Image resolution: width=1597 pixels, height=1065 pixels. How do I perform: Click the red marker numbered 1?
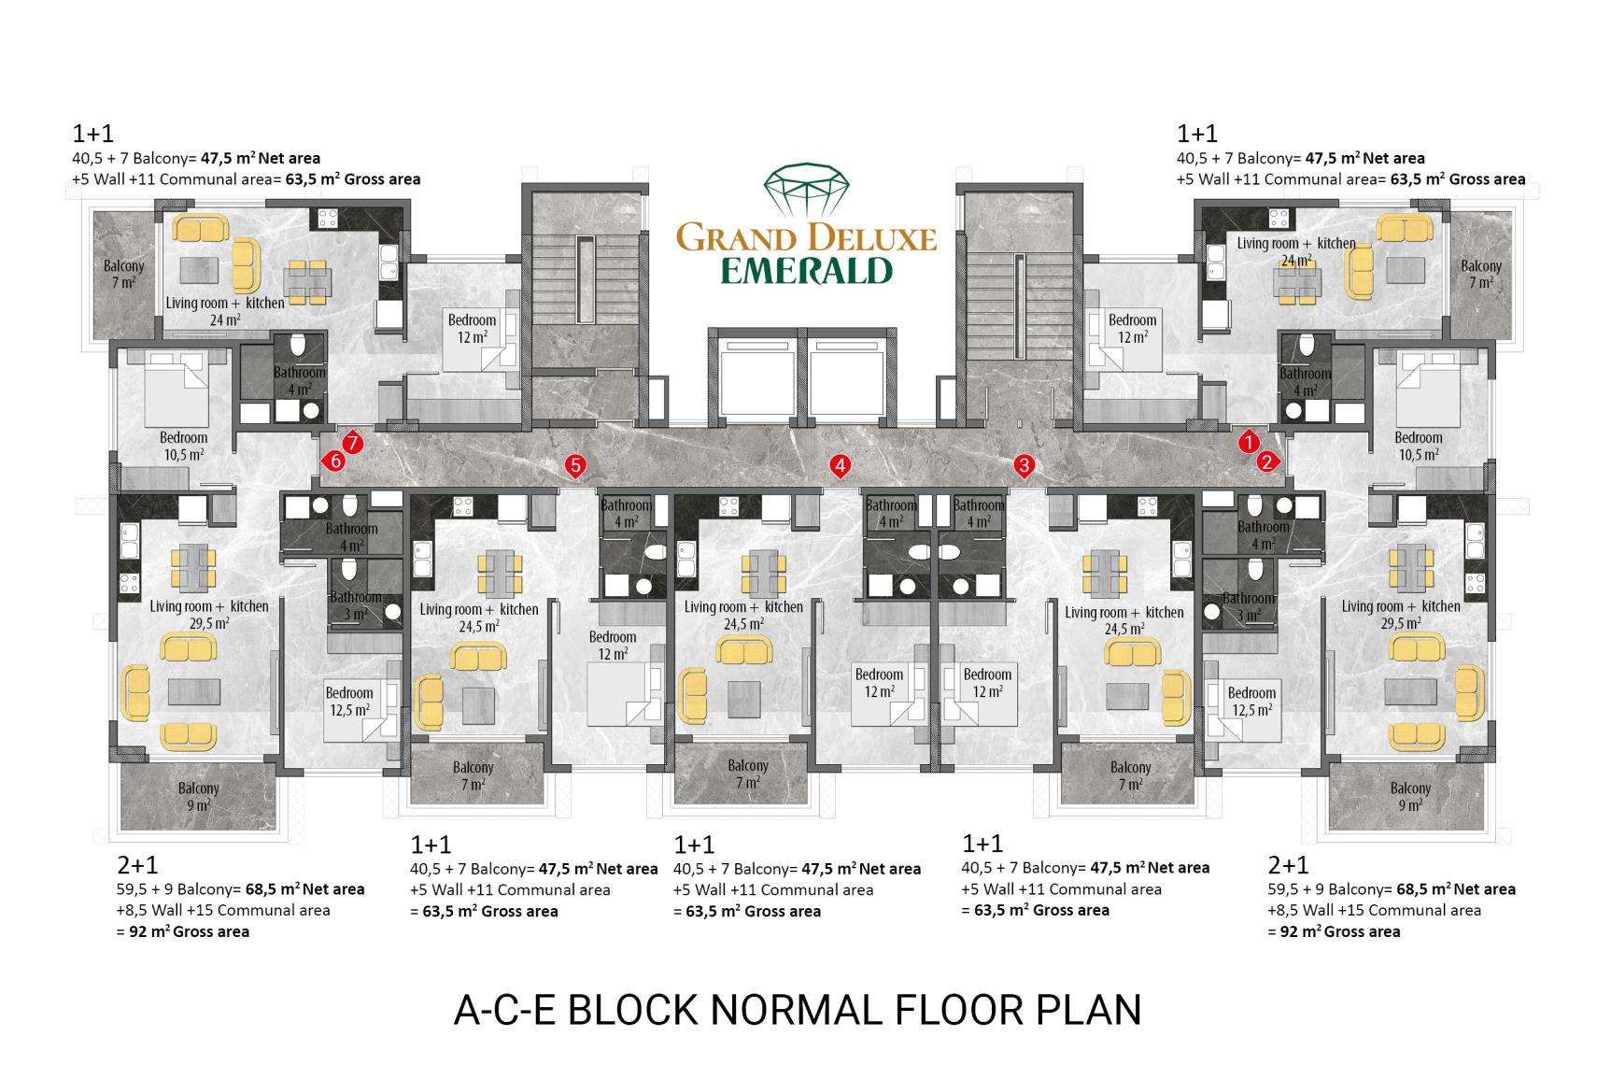1249,442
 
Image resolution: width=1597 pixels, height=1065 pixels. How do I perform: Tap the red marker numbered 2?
1267,461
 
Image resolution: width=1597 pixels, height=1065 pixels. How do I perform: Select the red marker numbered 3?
1025,466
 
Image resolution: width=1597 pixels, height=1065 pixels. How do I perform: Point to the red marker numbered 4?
841,466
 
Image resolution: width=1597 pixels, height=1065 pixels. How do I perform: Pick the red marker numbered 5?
575,466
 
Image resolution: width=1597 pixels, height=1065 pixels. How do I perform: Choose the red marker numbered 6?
333,461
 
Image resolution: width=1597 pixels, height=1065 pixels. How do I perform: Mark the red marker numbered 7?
352,443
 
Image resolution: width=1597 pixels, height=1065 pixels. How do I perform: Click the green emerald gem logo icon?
806,190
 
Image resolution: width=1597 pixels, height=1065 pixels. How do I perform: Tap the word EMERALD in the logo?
806,272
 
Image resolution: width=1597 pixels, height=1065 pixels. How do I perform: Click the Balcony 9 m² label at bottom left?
198,797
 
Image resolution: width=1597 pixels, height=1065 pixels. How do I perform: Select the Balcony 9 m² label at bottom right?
1410,797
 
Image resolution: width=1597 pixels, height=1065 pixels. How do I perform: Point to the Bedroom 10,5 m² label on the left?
184,446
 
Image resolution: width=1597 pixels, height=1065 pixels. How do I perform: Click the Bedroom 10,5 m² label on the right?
1418,446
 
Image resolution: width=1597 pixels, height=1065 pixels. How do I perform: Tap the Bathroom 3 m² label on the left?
356,605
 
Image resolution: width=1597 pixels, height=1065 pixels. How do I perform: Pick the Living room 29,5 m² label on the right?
1401,614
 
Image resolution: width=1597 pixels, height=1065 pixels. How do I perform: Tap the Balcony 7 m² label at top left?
123,274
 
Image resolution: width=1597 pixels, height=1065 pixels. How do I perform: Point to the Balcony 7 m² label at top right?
1481,274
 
